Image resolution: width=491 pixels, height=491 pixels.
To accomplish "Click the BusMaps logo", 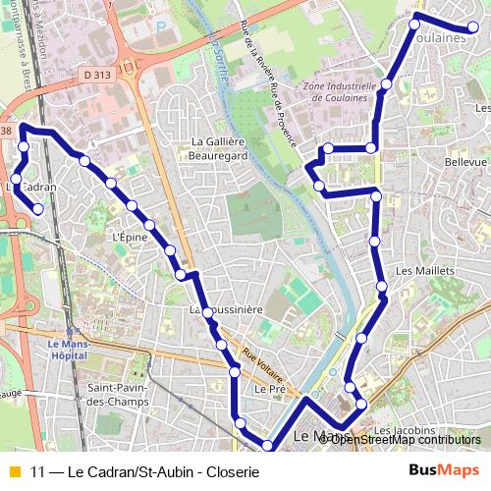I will point(445,470).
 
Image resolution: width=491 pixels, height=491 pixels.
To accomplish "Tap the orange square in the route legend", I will point(13,471).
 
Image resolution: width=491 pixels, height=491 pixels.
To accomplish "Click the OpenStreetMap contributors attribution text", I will point(406,439).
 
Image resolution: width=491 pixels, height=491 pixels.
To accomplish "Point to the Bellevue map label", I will point(465,162).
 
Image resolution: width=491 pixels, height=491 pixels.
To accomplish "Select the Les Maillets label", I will point(425,270).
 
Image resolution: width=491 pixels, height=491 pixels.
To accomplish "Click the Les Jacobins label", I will point(405,430).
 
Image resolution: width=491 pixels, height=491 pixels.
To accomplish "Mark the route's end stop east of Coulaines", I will point(472,28).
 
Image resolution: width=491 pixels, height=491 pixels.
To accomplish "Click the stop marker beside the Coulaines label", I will point(414,24).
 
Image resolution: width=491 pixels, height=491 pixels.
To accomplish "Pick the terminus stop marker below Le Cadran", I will point(38,208).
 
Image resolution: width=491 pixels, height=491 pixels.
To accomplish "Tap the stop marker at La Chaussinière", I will point(206,312).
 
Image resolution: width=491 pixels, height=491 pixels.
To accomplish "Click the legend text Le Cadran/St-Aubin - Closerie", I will point(144,471).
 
